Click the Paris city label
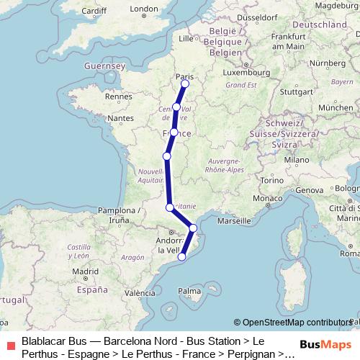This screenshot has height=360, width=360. [185, 76]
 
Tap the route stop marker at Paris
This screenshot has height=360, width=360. [185, 84]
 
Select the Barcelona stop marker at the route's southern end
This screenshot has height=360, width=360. [182, 255]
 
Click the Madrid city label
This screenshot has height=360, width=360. [85, 271]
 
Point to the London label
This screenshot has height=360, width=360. [143, 9]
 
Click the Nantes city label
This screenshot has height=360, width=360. [122, 117]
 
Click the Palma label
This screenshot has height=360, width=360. [190, 291]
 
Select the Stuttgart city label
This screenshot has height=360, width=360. [295, 91]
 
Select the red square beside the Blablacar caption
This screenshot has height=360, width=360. [9, 344]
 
